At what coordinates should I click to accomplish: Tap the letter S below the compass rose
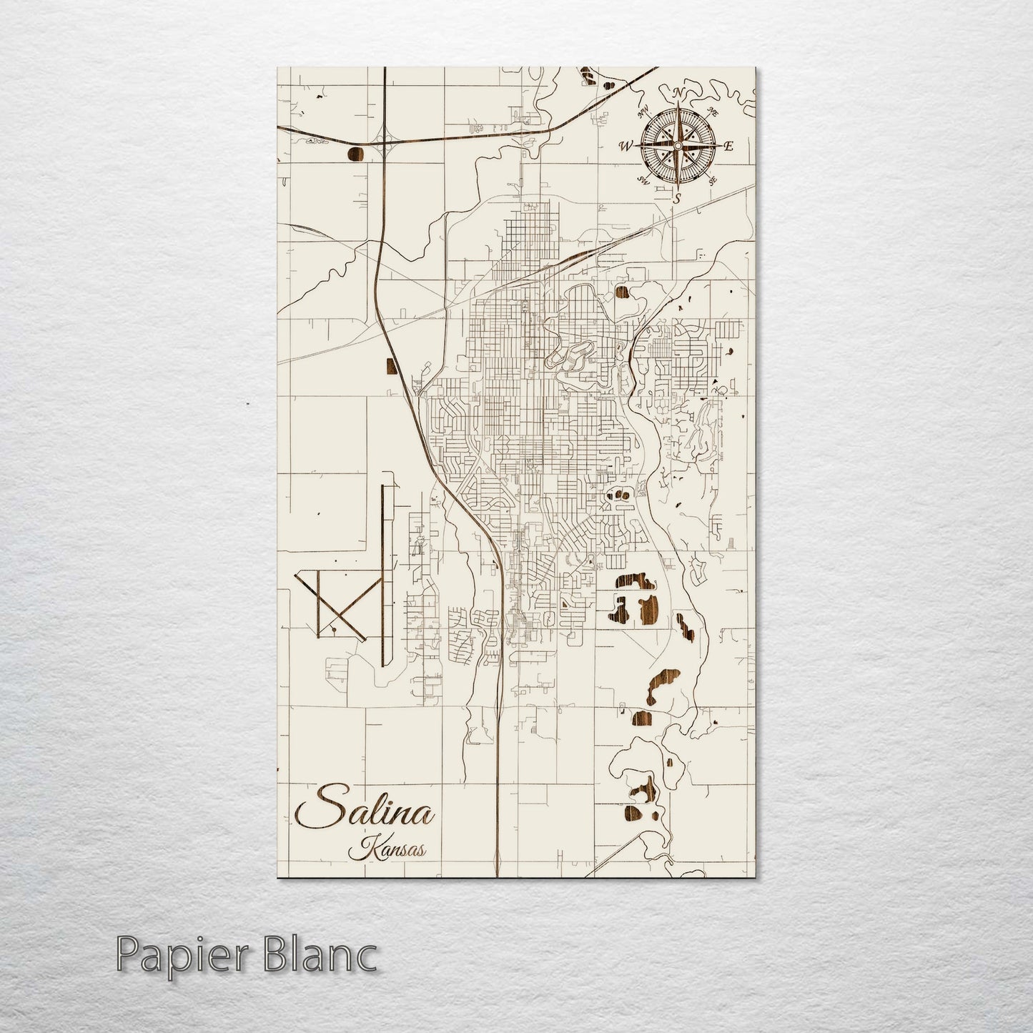(676, 199)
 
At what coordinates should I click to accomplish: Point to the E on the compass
(728, 146)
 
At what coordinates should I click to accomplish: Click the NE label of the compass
(712, 111)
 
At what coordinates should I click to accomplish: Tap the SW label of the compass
(642, 179)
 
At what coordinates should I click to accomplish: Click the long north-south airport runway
(384, 572)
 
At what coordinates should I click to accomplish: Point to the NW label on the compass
(643, 110)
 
